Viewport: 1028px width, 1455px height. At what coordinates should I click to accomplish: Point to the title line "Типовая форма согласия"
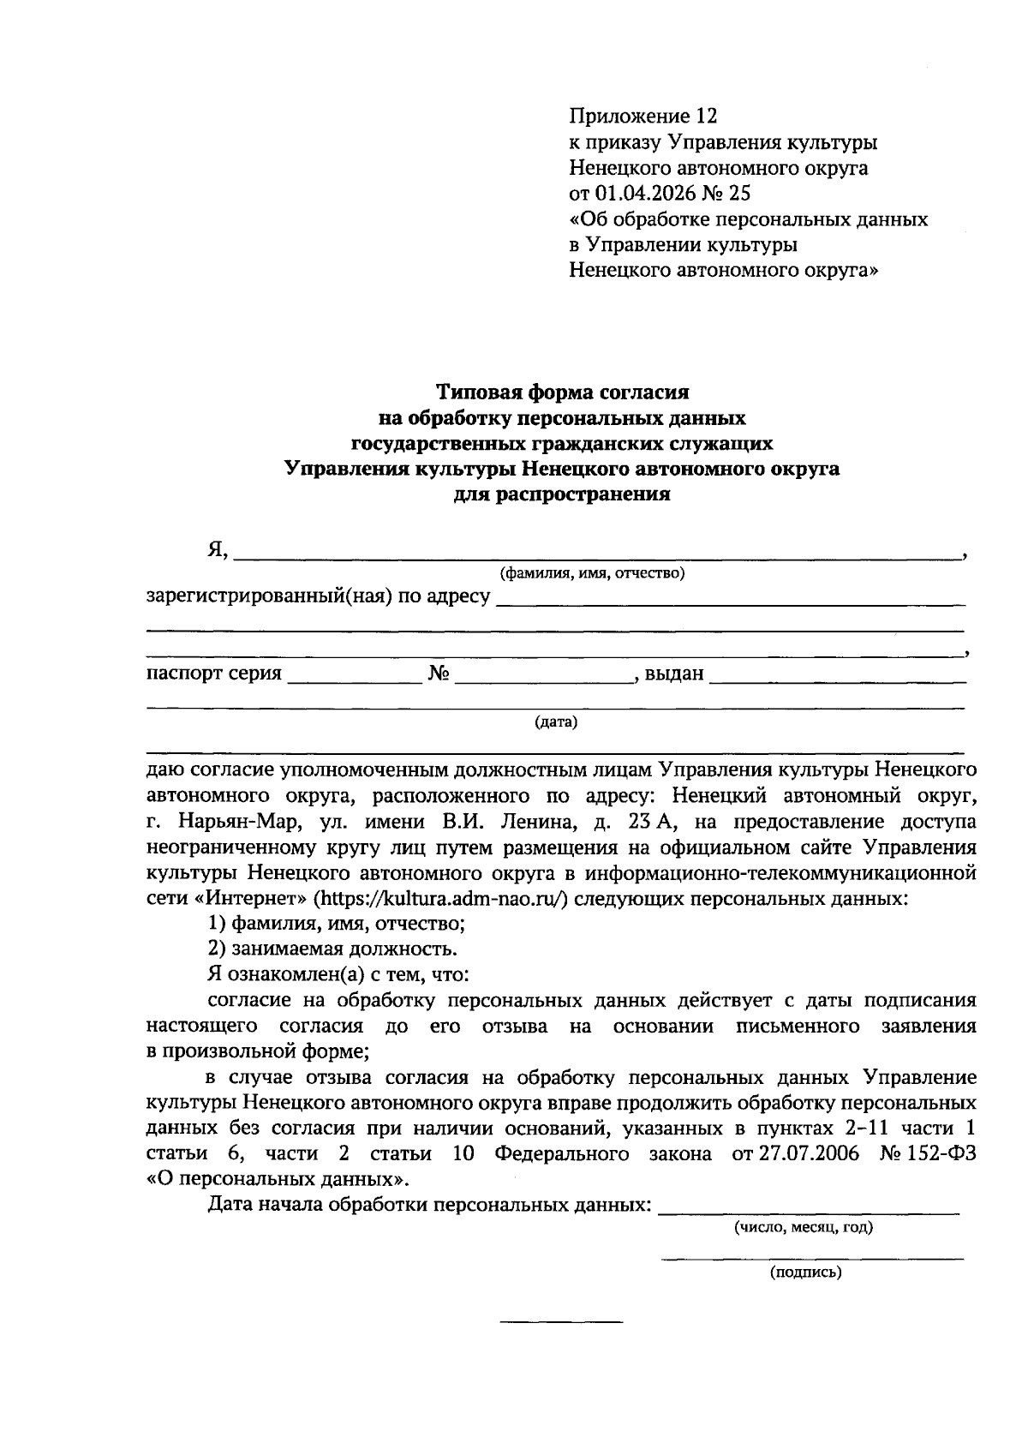563,392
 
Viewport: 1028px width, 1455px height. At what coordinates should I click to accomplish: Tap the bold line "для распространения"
563,494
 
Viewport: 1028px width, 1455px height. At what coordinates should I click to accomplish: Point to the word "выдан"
674,674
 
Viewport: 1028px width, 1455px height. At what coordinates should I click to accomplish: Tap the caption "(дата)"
556,722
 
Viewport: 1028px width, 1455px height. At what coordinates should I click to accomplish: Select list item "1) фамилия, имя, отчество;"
337,924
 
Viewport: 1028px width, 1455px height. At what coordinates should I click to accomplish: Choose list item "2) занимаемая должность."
333,949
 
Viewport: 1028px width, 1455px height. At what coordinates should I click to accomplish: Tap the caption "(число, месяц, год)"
803,1227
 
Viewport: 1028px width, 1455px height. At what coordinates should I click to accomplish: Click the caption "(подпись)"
805,1272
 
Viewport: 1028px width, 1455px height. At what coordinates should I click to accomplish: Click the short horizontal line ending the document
561,1322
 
